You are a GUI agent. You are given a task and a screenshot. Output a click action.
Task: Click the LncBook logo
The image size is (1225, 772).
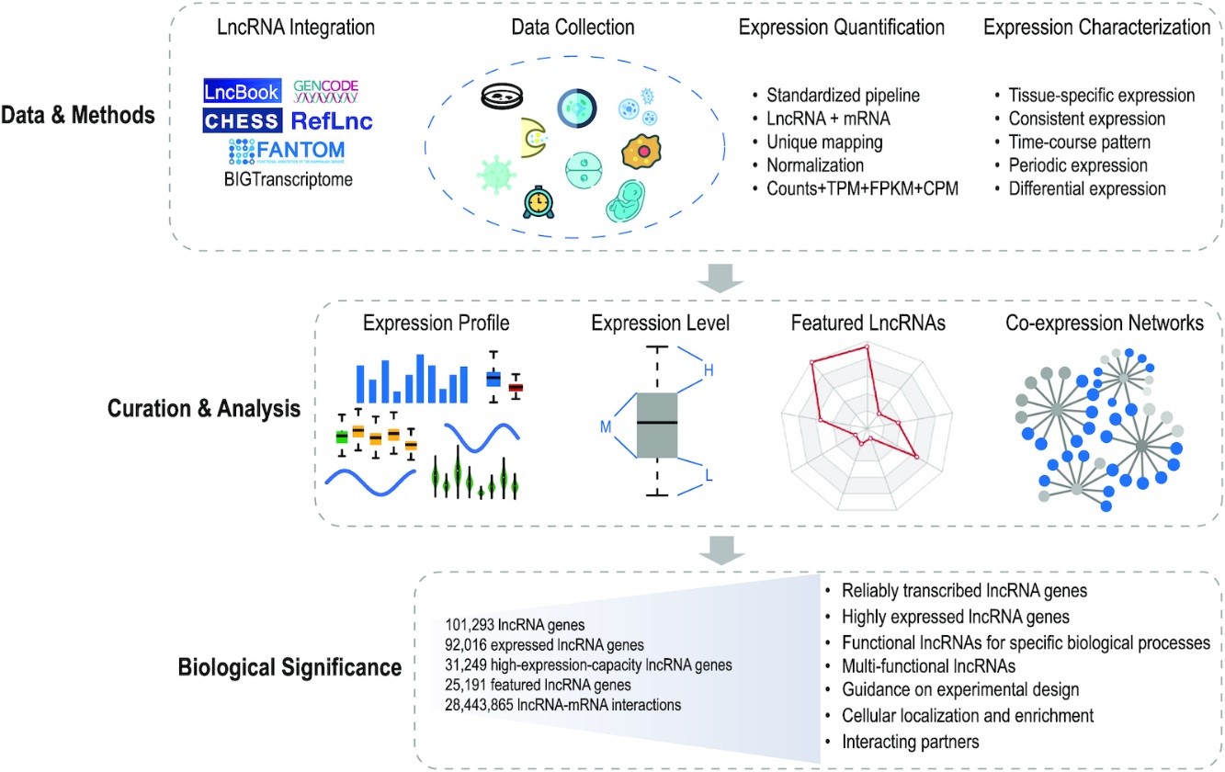[241, 91]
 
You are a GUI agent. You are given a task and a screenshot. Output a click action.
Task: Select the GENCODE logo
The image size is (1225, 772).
[325, 90]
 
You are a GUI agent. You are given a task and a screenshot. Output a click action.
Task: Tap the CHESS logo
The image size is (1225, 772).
[241, 120]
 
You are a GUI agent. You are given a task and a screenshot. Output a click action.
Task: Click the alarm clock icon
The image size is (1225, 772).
[537, 201]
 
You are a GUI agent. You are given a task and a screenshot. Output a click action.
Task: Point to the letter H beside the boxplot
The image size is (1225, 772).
[708, 369]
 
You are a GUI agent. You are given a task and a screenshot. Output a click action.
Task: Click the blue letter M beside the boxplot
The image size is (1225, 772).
[606, 426]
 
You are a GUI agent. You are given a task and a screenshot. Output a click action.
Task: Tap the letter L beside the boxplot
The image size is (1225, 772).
[709, 475]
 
